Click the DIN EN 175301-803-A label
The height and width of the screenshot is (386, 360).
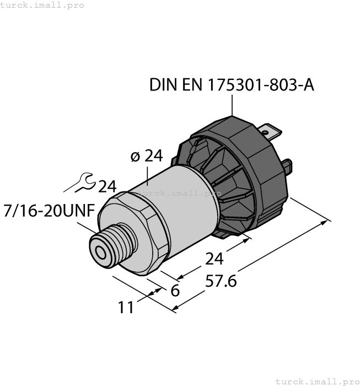(x=232, y=85)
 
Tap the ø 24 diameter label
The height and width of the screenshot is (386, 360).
(x=147, y=157)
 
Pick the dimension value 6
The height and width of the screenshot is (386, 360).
(x=175, y=291)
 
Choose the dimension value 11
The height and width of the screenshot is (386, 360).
(x=126, y=307)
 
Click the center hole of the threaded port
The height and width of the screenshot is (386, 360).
(x=101, y=253)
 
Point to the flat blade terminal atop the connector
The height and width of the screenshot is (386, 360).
(x=270, y=131)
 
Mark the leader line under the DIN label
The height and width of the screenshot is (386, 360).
(x=232, y=105)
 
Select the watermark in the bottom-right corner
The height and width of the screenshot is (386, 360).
(x=317, y=381)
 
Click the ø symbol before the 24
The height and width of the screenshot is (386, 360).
(x=135, y=157)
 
